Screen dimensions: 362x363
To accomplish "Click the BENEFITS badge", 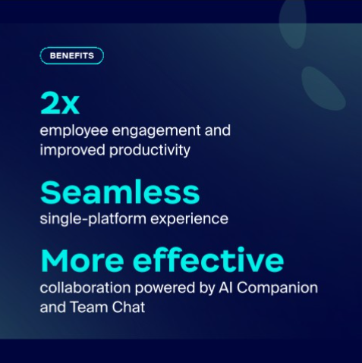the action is (72, 55).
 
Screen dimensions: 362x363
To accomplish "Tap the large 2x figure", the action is (60, 103).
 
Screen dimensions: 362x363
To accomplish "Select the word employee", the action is (74, 131).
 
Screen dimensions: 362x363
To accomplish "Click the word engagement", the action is (156, 131).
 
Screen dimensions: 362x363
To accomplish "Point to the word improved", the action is (72, 151).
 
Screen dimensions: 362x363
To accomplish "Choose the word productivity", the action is (150, 151).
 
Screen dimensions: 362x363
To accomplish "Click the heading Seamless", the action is (120, 192).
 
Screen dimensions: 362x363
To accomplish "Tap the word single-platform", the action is (93, 219).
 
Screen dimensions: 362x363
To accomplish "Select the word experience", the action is (189, 219).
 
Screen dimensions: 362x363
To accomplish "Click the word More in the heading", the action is (82, 261).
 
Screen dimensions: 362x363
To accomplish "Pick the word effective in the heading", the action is (208, 260).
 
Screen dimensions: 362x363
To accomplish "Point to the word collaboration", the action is (85, 288).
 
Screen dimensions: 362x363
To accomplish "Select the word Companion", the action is (277, 288).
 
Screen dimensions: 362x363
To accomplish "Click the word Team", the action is (89, 307).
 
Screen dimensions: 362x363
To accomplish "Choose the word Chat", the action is (128, 307).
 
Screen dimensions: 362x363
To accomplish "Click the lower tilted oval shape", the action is (323, 88).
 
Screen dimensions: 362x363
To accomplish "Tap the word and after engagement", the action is (218, 130).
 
